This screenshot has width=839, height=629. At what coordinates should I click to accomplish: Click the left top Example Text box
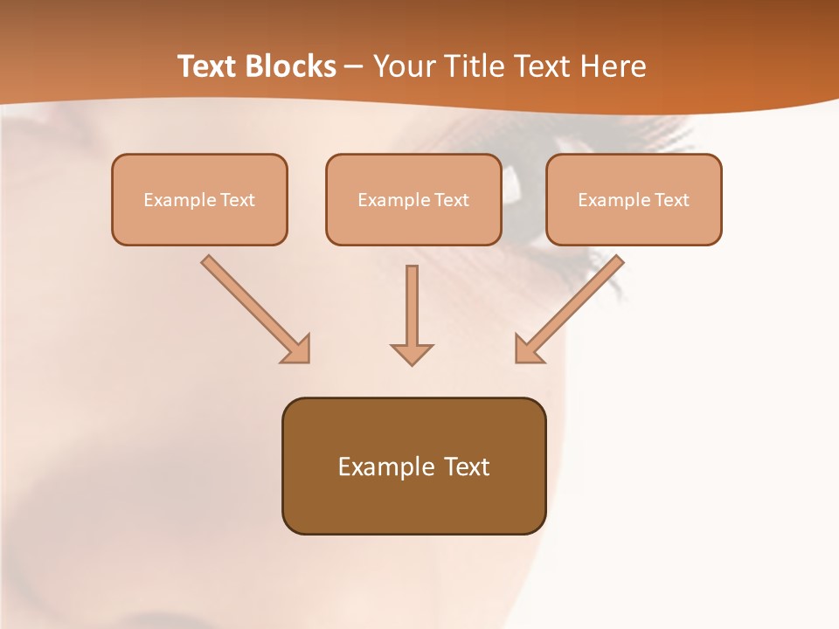(x=199, y=199)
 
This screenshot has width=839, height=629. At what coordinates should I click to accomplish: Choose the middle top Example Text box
(x=413, y=199)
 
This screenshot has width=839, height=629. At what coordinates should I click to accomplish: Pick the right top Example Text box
(x=634, y=199)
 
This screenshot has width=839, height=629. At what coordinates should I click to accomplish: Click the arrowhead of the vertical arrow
(x=412, y=354)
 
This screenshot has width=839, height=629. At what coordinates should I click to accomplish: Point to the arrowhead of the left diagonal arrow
(x=297, y=349)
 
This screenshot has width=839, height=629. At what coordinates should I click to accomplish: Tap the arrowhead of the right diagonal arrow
(x=528, y=349)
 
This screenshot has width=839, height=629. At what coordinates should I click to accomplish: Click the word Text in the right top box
(x=672, y=200)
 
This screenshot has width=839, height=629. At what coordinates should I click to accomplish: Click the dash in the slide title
(x=354, y=67)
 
